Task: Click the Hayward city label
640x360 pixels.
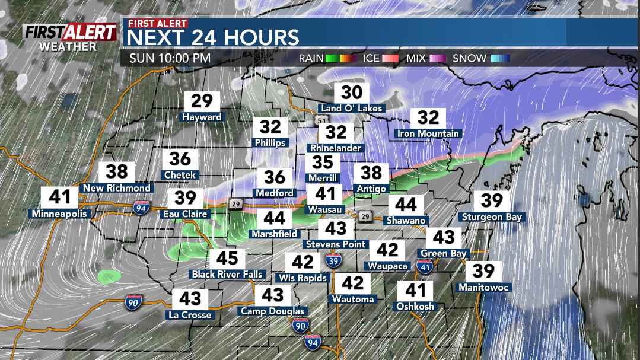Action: tap(202, 117)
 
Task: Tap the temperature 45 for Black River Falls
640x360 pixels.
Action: tap(227, 258)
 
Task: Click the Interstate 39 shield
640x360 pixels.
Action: tap(333, 259)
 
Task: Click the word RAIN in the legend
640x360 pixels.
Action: tap(311, 59)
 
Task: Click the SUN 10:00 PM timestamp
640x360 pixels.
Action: tap(169, 59)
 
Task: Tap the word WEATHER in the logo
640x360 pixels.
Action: tap(68, 46)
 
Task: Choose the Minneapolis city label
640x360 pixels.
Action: tap(59, 214)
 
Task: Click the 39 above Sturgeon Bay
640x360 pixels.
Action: tap(492, 200)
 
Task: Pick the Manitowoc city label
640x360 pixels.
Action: tap(485, 288)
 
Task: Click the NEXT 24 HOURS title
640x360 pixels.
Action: tap(214, 37)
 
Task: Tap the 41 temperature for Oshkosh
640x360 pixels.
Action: tap(416, 290)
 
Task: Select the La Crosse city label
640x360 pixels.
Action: tap(190, 315)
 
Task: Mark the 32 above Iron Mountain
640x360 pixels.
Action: tap(428, 117)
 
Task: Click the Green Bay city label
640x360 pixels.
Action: tap(444, 253)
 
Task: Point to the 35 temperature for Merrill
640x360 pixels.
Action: tap(323, 162)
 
